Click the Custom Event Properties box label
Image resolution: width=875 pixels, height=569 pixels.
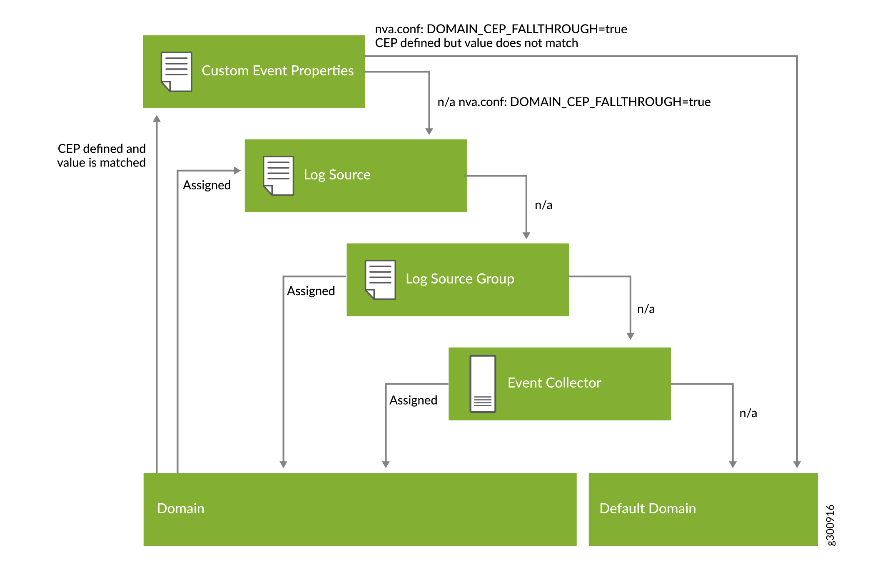click(x=277, y=71)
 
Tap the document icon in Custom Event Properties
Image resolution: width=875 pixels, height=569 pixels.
click(x=177, y=72)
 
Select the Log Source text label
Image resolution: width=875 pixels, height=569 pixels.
click(x=337, y=175)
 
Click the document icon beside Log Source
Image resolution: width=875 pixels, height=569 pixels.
click(x=279, y=176)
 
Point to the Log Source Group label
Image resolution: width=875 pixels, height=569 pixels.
click(x=460, y=279)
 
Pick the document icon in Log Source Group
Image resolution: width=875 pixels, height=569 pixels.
click(x=380, y=280)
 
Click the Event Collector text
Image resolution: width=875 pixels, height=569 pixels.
click(x=554, y=383)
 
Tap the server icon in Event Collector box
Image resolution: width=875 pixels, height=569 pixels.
click(x=483, y=384)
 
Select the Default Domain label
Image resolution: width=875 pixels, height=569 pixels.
click(x=648, y=509)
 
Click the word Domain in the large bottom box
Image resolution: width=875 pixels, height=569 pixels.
click(x=181, y=509)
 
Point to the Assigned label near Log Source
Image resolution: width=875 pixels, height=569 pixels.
click(x=207, y=185)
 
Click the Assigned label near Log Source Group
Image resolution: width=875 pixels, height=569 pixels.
click(x=311, y=291)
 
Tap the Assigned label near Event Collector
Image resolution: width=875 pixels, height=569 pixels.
click(x=413, y=400)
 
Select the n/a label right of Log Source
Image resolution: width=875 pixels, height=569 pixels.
click(x=543, y=205)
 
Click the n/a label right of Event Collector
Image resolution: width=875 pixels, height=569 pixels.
click(x=748, y=413)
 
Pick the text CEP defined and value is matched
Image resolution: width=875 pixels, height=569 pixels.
click(x=102, y=156)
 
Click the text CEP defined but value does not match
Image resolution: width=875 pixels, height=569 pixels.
click(x=476, y=43)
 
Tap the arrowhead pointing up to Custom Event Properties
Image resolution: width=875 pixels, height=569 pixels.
click(x=157, y=119)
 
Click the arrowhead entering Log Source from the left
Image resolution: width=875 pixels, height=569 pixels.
click(x=237, y=171)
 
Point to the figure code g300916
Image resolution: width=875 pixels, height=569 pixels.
click(x=830, y=525)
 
